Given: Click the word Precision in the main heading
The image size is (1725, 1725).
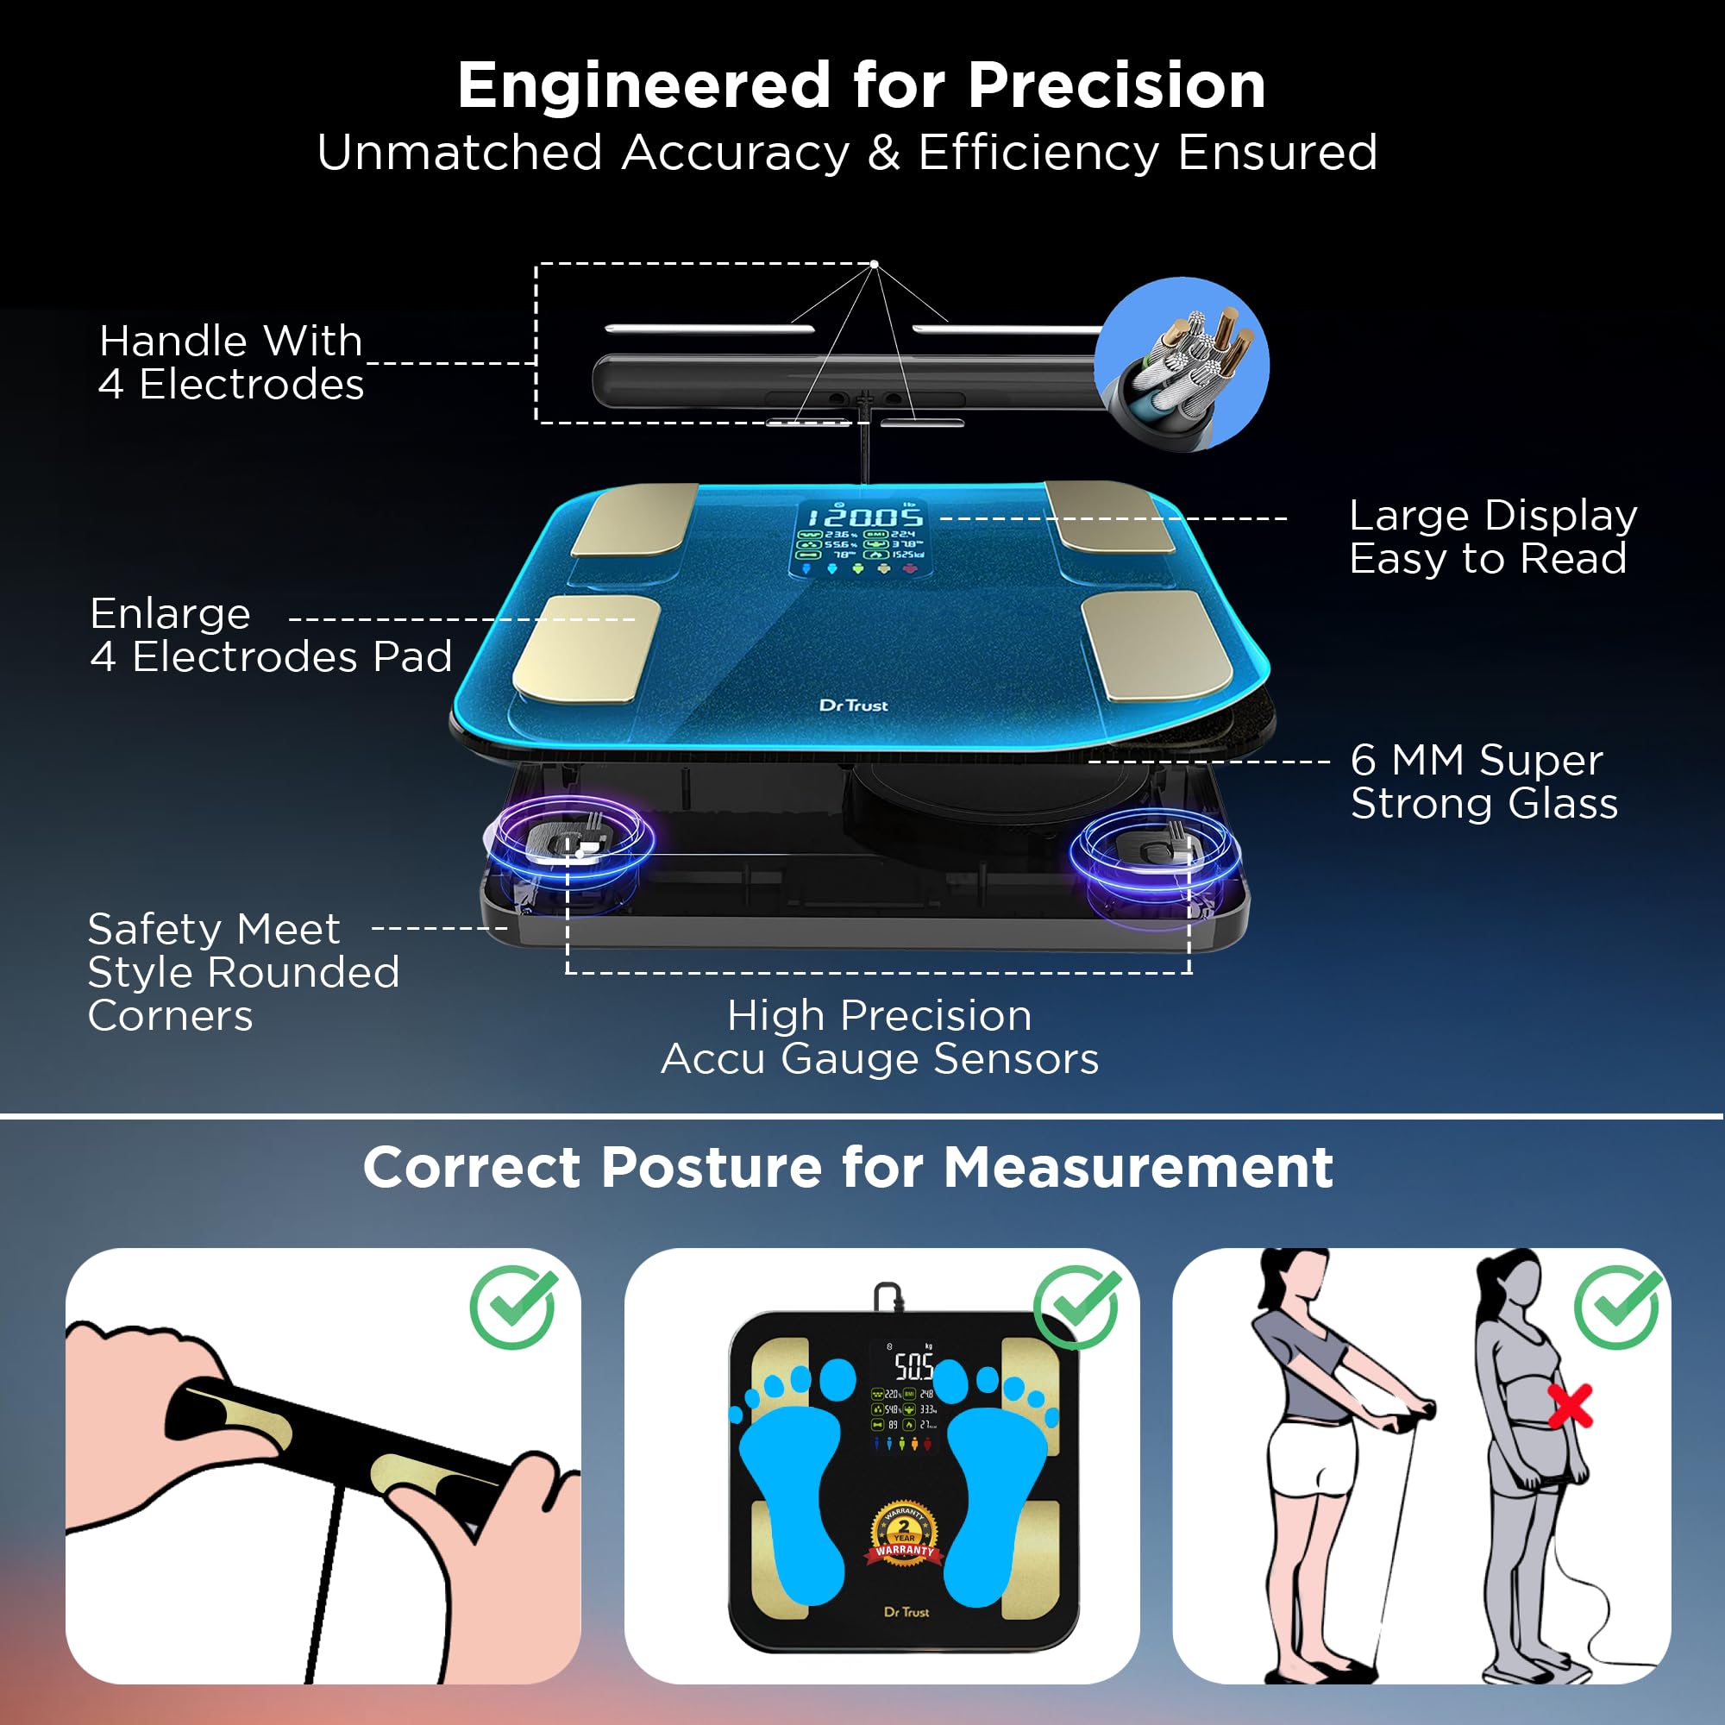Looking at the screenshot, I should (x=1116, y=86).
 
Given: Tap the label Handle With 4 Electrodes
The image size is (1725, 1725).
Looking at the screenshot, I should (x=230, y=362).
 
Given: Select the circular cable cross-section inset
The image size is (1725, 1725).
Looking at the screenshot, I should (x=1182, y=364).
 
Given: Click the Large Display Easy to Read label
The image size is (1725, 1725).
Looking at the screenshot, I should (x=1493, y=536).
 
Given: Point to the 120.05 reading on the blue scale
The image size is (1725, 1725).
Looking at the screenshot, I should (x=864, y=517).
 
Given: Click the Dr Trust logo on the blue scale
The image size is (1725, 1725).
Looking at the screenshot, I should (x=854, y=706).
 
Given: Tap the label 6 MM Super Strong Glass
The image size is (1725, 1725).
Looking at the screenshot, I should (x=1483, y=781).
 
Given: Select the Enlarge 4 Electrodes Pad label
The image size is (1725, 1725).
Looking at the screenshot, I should (x=271, y=635).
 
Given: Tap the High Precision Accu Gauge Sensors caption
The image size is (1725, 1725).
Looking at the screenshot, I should (x=880, y=1037).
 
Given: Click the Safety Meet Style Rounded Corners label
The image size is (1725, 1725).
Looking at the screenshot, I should (x=243, y=972).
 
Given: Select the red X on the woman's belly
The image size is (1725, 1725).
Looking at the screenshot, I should (x=1570, y=1406).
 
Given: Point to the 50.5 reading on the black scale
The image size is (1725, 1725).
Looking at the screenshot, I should (x=913, y=1365).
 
